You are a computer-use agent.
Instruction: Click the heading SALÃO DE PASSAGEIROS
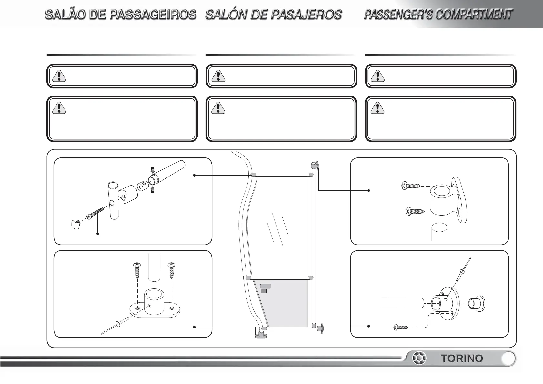click(120, 15)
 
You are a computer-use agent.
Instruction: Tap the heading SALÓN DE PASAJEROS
click(273, 15)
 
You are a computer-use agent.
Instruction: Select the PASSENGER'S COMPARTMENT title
click(438, 15)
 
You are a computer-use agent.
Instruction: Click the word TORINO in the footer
click(462, 359)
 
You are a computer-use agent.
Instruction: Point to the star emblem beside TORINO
click(420, 359)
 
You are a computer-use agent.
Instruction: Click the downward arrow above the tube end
click(153, 170)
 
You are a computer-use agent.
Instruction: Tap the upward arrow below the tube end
click(153, 189)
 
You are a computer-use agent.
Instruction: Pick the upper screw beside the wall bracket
click(411, 186)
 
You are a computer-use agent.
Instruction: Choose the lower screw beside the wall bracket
click(415, 212)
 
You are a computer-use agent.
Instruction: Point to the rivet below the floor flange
click(116, 325)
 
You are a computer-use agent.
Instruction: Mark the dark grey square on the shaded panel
click(264, 291)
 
